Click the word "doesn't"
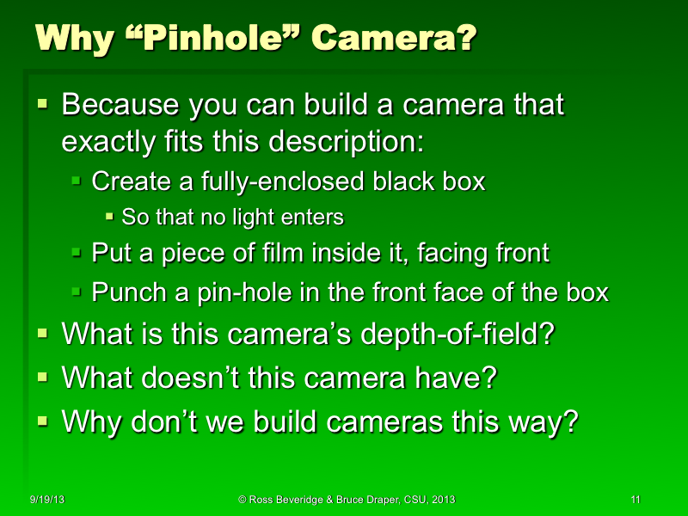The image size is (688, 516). pyautogui.click(x=188, y=377)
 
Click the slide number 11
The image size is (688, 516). pyautogui.click(x=636, y=500)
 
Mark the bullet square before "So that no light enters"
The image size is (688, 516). pyautogui.click(x=109, y=215)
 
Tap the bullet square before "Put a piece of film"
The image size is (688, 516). pyautogui.click(x=77, y=252)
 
